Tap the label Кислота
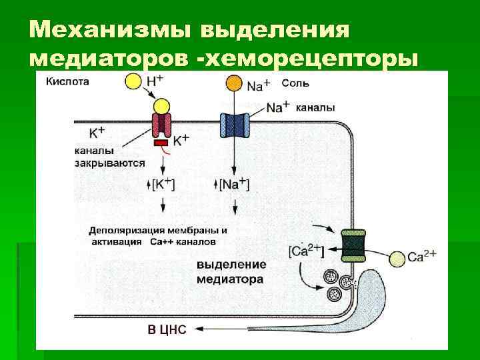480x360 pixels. point(67,82)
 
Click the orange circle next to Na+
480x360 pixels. point(234,83)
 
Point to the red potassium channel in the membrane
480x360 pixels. point(161,124)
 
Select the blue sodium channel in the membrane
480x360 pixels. point(234,124)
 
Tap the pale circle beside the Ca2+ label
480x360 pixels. point(397,258)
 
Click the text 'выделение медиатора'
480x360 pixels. point(229,272)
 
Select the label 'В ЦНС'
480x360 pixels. point(167,329)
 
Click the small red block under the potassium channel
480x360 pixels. point(161,143)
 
